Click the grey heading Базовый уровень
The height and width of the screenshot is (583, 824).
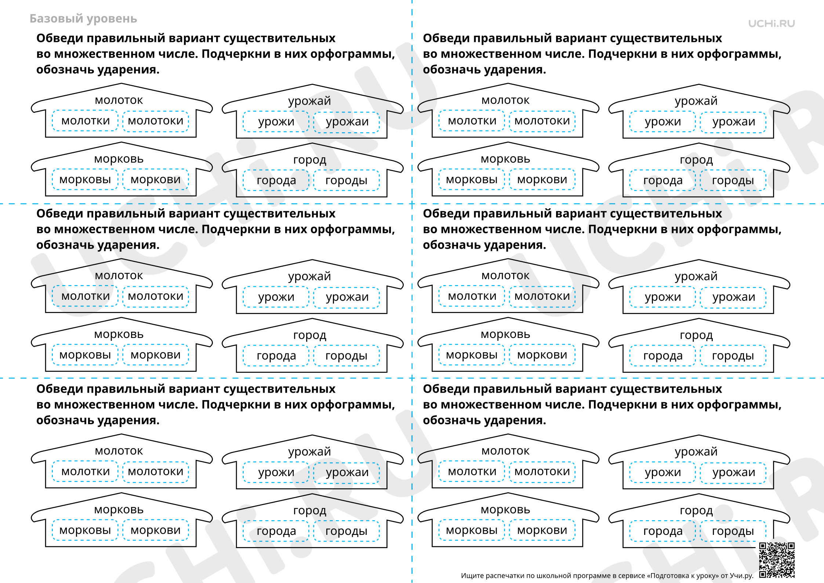click(x=83, y=19)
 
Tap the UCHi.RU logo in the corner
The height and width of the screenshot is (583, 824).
click(x=772, y=24)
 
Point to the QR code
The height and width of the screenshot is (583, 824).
click(x=777, y=560)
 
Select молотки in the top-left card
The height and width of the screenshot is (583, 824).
click(x=86, y=121)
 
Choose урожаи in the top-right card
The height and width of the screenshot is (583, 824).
click(x=734, y=122)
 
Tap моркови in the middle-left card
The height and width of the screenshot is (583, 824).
click(x=156, y=355)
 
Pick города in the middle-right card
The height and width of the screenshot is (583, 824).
click(x=663, y=356)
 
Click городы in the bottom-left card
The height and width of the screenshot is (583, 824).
click(x=346, y=531)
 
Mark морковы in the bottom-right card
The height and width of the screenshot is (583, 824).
click(x=472, y=530)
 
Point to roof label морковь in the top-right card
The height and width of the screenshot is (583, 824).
click(x=505, y=159)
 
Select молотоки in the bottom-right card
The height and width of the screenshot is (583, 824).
click(x=542, y=472)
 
